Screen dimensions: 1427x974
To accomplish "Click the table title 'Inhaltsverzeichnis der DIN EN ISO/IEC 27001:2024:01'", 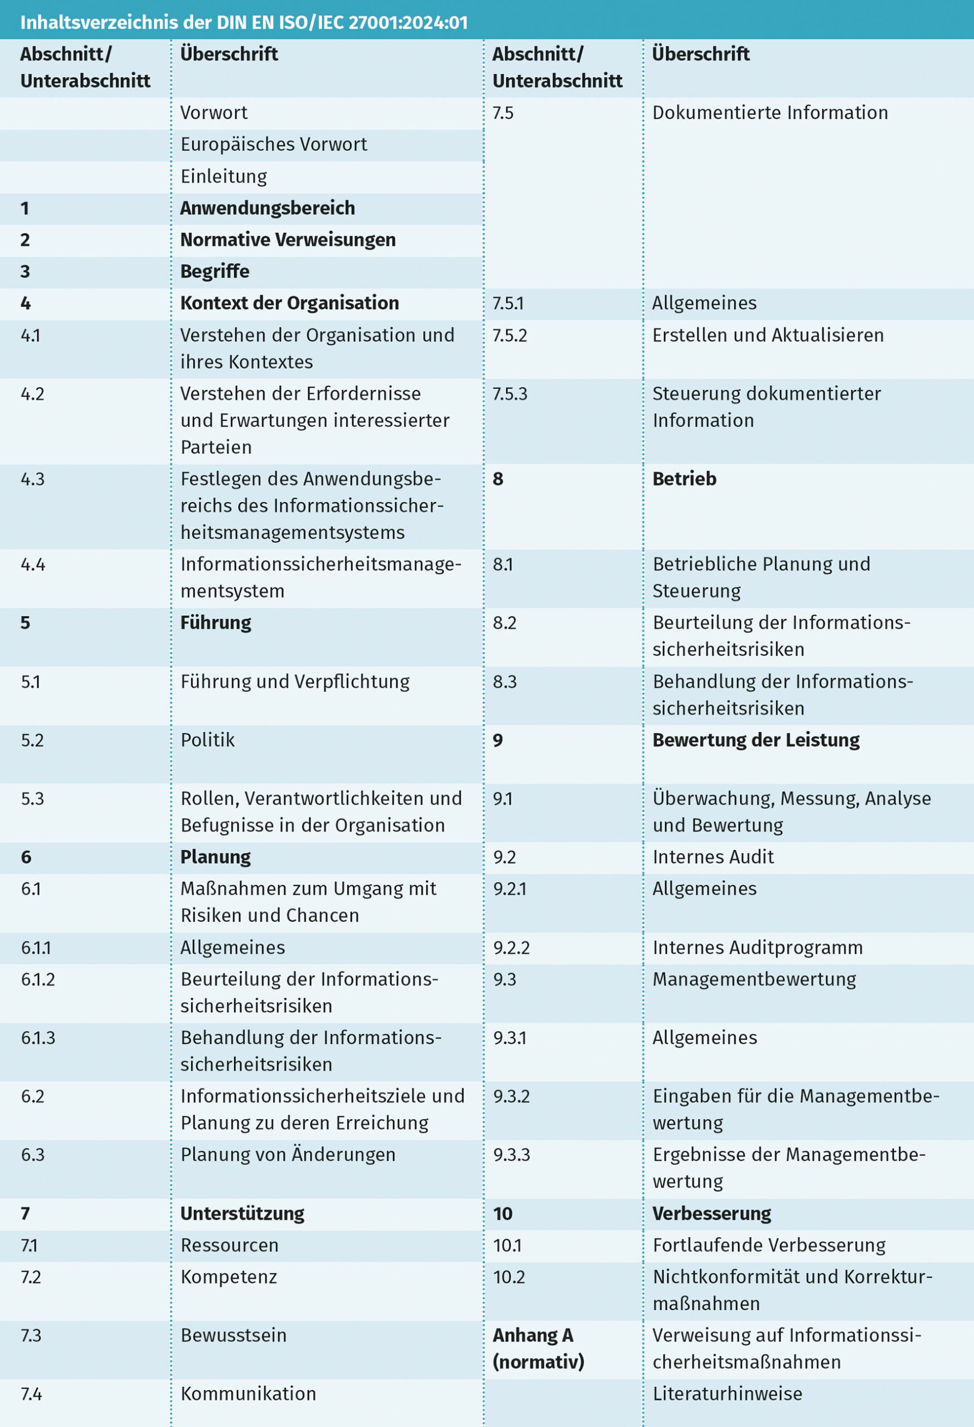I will click(x=244, y=23).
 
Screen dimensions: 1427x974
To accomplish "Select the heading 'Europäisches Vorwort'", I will click(x=273, y=144).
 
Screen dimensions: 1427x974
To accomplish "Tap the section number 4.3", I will click(x=32, y=479).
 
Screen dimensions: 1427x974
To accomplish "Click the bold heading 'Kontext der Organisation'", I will click(x=289, y=303).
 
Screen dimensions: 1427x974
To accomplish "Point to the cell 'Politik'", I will click(x=207, y=740).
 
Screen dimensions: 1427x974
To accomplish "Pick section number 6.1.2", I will click(x=38, y=979).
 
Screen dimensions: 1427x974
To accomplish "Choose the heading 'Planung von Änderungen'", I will click(x=288, y=1154).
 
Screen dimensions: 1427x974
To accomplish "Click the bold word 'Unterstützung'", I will click(x=242, y=1214).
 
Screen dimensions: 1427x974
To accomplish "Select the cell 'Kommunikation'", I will click(x=248, y=1394).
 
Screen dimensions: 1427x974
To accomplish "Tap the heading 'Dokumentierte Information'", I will click(x=770, y=113).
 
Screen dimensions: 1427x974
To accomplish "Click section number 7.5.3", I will click(x=510, y=394).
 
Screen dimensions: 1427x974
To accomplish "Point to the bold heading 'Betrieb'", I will click(x=684, y=479).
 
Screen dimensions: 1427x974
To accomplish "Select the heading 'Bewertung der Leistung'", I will click(x=756, y=740).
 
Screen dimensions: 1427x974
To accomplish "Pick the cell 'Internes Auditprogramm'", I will click(x=758, y=948).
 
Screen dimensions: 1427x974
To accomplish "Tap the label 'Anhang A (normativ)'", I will click(x=537, y=1348).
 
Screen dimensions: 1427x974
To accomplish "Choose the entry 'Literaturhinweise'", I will click(x=727, y=1394).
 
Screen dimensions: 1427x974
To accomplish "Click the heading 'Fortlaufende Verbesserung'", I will click(x=769, y=1245).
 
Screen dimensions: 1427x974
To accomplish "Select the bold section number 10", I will click(x=502, y=1214).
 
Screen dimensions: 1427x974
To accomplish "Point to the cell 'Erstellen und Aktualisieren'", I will click(x=768, y=335).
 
